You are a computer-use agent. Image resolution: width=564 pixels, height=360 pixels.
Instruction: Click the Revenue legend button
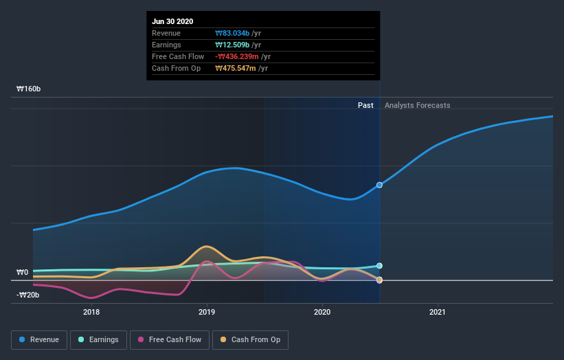[x=40, y=339]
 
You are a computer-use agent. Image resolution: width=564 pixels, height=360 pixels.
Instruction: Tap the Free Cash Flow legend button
[x=170, y=339]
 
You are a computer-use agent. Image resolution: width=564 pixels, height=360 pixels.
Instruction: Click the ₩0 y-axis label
[x=23, y=273]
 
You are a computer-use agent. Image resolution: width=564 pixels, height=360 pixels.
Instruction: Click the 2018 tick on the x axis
[x=91, y=313]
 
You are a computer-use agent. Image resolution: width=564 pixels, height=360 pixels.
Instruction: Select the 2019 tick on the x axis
[x=206, y=313]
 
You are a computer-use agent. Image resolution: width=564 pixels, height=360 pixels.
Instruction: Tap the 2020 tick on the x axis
[x=322, y=313]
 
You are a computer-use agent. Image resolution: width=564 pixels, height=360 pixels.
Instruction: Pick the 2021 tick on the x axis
[x=437, y=313]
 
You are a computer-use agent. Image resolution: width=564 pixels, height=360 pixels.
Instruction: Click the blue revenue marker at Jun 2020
[x=379, y=185]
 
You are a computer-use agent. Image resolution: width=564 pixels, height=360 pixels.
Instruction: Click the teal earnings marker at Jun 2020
[x=379, y=266]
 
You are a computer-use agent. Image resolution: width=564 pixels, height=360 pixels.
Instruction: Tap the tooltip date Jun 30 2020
[x=172, y=21]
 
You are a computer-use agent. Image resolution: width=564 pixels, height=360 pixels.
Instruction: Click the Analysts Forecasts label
[x=418, y=105]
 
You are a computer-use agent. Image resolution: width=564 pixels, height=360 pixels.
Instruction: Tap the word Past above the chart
[x=365, y=105]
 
